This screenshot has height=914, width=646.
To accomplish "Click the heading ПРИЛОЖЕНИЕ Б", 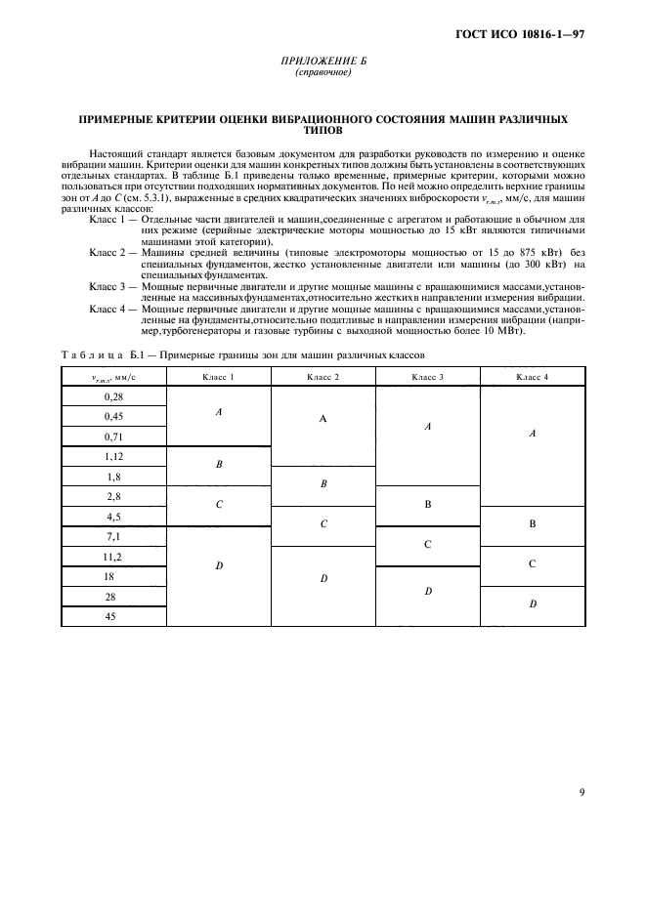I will tap(322, 61).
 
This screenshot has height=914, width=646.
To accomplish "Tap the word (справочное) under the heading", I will tap(322, 72).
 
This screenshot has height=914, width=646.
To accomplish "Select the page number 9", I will tap(581, 792).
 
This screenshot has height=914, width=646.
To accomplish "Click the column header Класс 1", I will tap(218, 376).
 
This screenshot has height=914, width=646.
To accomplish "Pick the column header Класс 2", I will tap(323, 376).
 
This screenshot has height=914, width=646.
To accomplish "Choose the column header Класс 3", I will tap(427, 376).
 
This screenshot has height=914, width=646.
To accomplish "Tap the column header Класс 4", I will tap(532, 376).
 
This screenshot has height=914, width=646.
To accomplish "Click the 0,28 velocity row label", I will tap(113, 396).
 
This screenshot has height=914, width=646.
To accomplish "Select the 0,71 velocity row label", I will tap(113, 436).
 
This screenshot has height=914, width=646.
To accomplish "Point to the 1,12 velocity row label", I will tap(113, 456).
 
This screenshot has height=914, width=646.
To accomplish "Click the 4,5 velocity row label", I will tap(113, 517).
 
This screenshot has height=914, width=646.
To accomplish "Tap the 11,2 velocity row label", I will tap(113, 557).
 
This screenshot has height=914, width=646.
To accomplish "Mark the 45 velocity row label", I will tap(113, 616).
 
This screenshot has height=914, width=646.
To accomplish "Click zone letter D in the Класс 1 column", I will tap(218, 565).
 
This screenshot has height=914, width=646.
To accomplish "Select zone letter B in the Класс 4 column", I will tap(532, 524).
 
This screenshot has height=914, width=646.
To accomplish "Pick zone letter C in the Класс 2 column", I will tap(323, 524).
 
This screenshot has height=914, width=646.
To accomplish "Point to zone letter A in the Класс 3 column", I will tap(427, 427).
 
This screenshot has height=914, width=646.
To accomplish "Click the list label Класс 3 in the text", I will tap(108, 286).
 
